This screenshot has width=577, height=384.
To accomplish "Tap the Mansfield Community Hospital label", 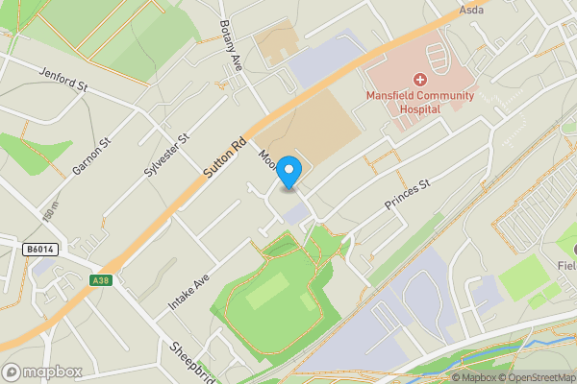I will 416,102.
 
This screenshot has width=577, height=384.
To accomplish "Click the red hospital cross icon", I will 420,80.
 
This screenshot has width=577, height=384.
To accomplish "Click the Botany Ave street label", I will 231,45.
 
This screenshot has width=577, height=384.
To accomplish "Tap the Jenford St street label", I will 63,79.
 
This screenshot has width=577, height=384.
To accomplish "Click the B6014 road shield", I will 38,250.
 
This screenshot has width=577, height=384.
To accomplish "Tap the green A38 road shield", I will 101,280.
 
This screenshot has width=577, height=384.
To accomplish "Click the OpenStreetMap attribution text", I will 535,377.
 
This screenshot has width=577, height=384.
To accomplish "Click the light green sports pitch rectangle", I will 265,291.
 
